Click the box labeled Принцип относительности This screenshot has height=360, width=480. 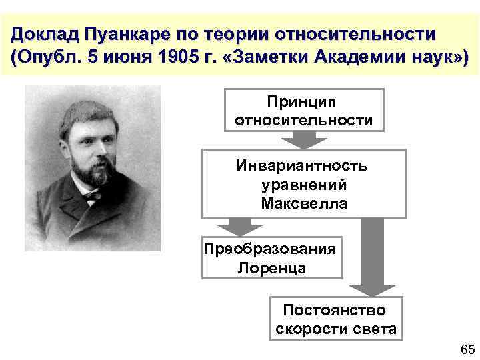(x=303, y=109)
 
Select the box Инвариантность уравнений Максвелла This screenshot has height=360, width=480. (x=303, y=184)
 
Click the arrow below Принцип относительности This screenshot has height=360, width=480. (x=303, y=139)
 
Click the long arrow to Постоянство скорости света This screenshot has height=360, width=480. (x=373, y=257)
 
